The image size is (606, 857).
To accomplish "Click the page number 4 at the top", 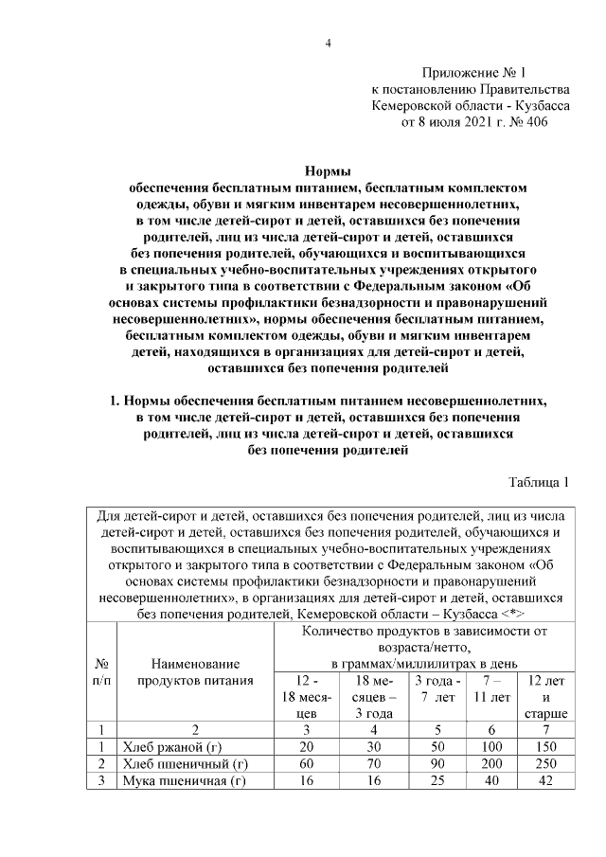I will (328, 43).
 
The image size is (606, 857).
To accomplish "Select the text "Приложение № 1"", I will (472, 72).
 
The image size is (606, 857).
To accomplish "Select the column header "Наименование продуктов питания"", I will (194, 671).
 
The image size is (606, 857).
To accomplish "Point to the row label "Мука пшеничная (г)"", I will (180, 780).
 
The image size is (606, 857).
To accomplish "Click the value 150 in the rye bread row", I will (547, 746).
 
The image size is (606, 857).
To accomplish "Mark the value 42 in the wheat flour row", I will (547, 780).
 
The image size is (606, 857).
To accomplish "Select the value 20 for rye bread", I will (305, 746).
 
